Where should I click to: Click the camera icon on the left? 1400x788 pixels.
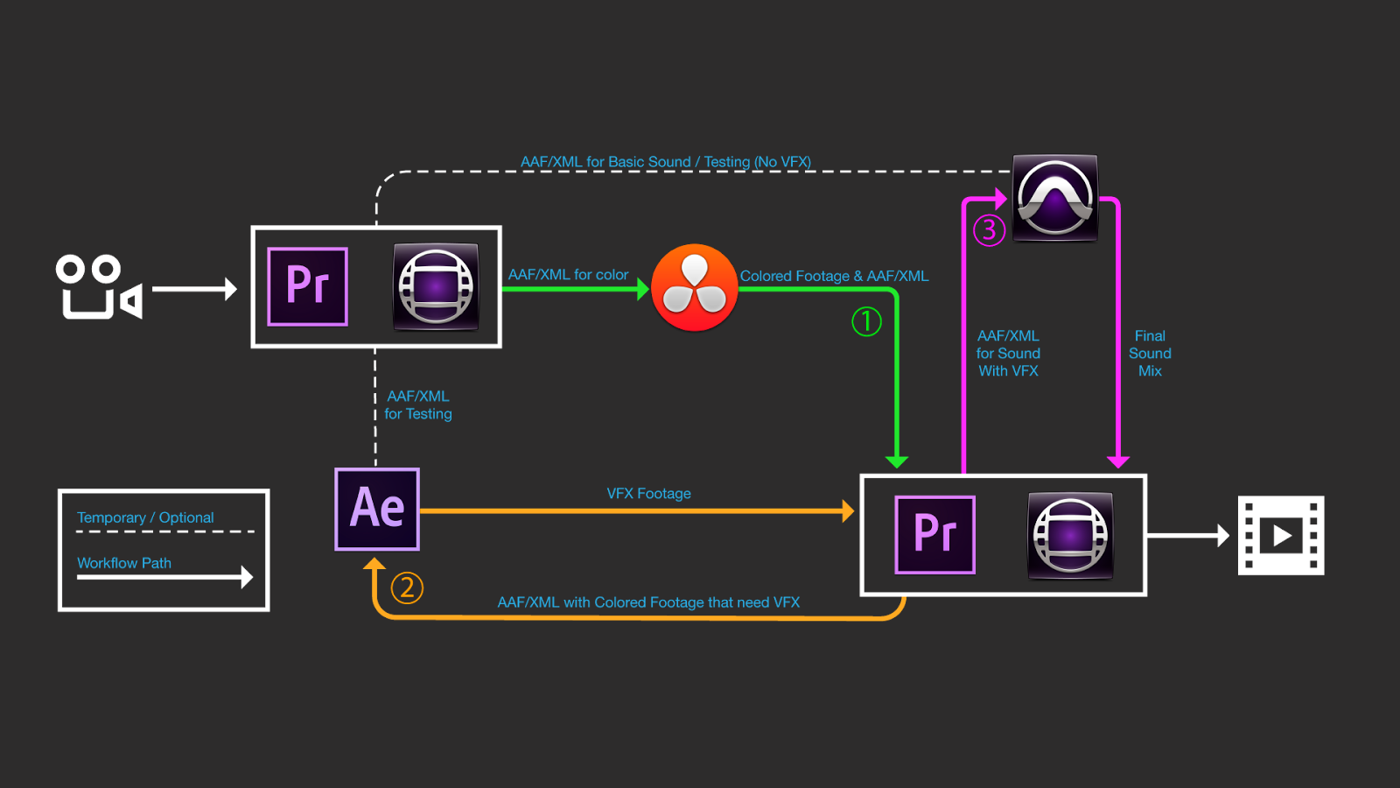click(98, 287)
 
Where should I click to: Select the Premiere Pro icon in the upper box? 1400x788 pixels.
click(307, 286)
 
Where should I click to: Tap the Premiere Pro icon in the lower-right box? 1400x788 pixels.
click(934, 534)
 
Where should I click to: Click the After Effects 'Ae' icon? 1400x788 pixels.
click(377, 509)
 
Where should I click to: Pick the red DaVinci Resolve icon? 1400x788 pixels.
click(695, 287)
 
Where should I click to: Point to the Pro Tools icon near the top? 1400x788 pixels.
click(1054, 198)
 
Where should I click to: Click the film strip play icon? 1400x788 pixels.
click(1281, 535)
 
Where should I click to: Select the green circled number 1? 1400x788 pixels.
click(866, 321)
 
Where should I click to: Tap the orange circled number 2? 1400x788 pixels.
click(407, 587)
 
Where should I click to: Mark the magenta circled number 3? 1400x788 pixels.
click(989, 230)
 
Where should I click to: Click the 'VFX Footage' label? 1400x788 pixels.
click(648, 494)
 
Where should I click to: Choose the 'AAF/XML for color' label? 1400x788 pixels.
click(568, 275)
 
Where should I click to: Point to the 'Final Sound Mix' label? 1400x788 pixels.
click(1150, 354)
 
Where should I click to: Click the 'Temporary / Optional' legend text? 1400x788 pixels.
click(145, 517)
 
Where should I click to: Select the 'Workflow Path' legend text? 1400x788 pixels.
click(124, 563)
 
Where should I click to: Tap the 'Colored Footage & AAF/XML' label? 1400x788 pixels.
click(834, 276)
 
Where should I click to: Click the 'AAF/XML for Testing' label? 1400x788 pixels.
click(418, 405)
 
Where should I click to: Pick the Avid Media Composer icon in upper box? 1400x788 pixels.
click(436, 286)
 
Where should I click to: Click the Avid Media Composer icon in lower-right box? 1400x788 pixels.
click(1070, 535)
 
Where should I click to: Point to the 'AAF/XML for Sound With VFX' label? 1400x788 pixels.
click(1008, 354)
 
